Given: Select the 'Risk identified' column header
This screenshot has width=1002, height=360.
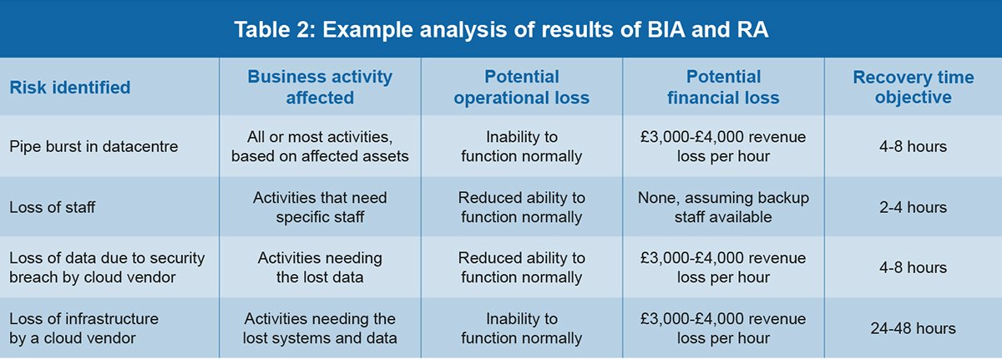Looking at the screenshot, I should click(69, 87).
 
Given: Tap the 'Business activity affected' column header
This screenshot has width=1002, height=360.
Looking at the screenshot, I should click(320, 87).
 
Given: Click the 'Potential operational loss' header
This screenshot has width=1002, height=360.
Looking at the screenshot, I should click(521, 87).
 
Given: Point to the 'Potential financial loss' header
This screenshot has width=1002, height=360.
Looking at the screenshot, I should click(723, 87).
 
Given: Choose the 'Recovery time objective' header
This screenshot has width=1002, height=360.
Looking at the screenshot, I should click(913, 87).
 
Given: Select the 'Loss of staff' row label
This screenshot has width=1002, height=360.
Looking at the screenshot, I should click(52, 207).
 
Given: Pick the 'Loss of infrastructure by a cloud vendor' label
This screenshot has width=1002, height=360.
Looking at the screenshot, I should click(83, 328).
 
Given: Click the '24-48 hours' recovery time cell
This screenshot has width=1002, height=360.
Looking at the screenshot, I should click(913, 328).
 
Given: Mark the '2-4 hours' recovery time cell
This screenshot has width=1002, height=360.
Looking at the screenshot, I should click(913, 207).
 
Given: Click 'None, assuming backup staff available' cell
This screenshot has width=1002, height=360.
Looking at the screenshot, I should click(723, 207).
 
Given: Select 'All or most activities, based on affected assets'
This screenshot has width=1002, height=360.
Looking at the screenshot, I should click(320, 147).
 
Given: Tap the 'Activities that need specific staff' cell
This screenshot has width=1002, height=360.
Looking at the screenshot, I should click(320, 207).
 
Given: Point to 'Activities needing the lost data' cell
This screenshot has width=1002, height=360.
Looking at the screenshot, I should click(320, 267).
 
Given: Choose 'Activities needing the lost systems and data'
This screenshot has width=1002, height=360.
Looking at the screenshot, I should click(320, 328).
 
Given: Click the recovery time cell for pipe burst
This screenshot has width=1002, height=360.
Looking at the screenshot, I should click(913, 147).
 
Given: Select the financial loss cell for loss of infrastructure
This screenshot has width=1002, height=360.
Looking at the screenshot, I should click(723, 328).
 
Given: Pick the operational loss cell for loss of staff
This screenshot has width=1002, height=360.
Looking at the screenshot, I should click(521, 207).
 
